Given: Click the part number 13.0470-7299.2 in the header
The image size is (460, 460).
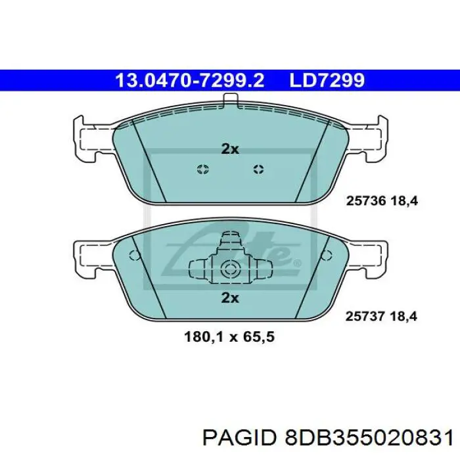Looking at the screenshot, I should point(190,80).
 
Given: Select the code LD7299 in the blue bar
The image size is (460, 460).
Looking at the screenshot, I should point(327,80).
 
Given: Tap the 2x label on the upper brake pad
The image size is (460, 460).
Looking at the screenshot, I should point(229,149).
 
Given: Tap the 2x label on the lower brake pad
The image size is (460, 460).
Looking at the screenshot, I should point(229,298).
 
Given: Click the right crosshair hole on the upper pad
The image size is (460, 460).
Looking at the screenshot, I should point(258,170).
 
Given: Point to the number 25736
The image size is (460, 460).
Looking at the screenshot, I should point(363,202).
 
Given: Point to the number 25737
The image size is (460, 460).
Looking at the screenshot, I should point(363,316).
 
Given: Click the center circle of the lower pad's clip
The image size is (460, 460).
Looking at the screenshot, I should point(229,268).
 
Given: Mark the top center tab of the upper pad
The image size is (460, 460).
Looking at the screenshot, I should point(230,101).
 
